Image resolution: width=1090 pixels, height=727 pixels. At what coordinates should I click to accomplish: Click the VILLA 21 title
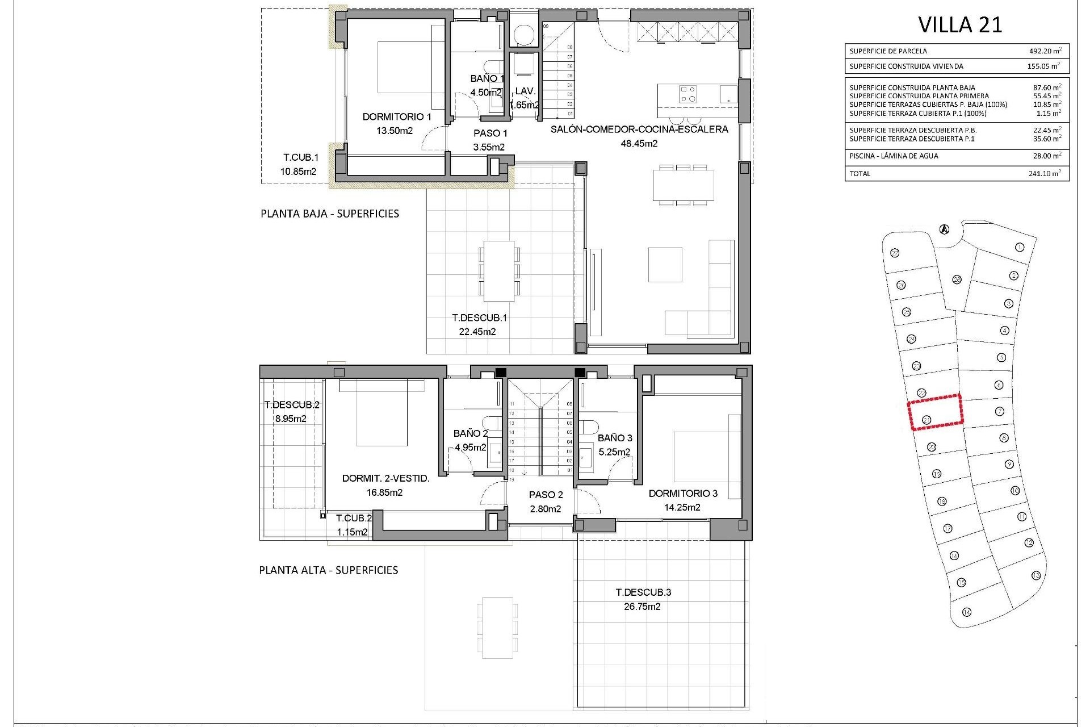tap(960, 24)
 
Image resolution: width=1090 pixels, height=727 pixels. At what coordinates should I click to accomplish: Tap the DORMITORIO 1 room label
tap(397, 116)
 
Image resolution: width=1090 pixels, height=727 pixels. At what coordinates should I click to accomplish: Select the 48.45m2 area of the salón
tap(639, 144)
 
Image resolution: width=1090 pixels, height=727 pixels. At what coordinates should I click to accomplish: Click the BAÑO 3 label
tap(614, 438)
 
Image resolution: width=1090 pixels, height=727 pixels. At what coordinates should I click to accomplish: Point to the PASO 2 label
tap(546, 495)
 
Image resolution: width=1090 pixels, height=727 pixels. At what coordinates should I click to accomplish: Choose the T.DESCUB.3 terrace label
tap(643, 592)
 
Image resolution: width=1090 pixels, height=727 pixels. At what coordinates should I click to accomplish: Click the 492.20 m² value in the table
tap(1044, 51)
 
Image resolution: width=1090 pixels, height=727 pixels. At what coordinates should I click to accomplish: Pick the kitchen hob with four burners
tap(688, 94)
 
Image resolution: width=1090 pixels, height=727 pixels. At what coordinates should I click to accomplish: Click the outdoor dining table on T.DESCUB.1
tap(500, 271)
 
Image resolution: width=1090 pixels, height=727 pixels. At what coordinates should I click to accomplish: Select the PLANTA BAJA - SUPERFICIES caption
tap(329, 214)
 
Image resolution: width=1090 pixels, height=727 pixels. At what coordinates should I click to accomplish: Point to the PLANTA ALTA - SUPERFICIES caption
tap(328, 570)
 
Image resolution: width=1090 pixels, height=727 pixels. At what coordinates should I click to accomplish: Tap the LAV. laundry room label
tap(525, 91)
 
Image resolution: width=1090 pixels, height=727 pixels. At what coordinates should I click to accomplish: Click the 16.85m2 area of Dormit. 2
tap(384, 492)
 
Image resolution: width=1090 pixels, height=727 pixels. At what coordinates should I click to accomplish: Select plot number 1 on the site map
tap(1020, 247)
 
